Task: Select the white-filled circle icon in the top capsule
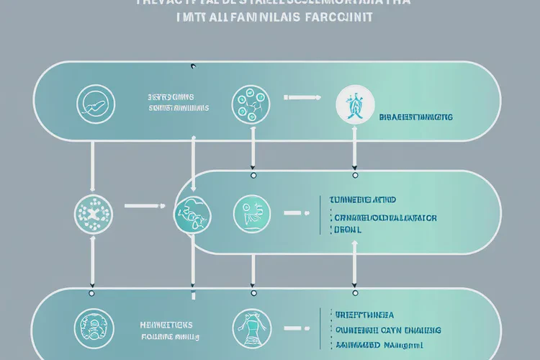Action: [x=351, y=104]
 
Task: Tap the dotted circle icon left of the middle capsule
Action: [x=92, y=212]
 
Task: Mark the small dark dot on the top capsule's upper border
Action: [x=192, y=67]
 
